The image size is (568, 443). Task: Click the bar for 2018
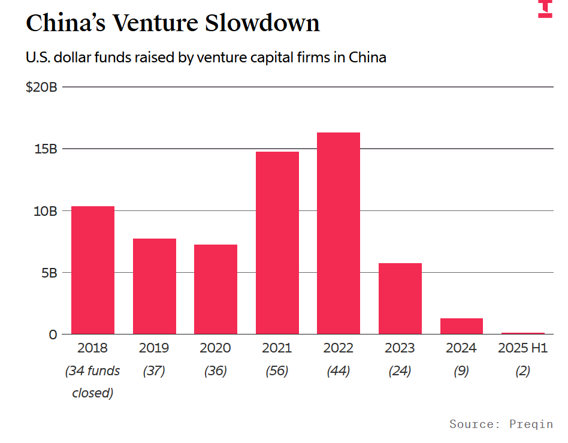[x=93, y=270]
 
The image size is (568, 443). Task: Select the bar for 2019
[x=155, y=286]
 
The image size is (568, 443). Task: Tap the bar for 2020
[x=216, y=289]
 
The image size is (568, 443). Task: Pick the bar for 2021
[x=277, y=243]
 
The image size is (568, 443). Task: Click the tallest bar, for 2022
[x=339, y=233]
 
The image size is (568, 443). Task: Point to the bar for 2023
[x=400, y=299]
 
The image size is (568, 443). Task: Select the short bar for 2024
[x=461, y=326]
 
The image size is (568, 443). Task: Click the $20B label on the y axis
[x=41, y=88]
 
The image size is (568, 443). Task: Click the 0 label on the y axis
[x=53, y=334]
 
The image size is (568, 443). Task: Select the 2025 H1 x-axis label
[x=523, y=348]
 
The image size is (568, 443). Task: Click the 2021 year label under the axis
[x=277, y=348]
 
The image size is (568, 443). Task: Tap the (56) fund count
[x=277, y=371]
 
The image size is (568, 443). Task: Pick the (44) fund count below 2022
[x=339, y=371]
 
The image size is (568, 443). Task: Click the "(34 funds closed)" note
[x=93, y=382]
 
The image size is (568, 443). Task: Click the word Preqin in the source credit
[x=531, y=424]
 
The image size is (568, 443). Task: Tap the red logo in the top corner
[x=545, y=8]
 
